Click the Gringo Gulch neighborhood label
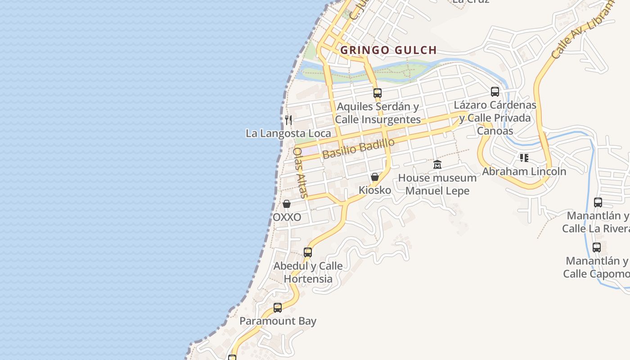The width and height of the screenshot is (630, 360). (388, 50)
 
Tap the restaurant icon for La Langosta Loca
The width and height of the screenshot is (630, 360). (288, 120)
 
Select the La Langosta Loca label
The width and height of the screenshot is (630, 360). (288, 133)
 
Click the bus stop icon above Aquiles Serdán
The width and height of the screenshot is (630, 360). (378, 93)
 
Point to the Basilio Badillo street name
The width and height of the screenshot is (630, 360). (358, 148)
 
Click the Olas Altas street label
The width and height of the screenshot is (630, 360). (300, 173)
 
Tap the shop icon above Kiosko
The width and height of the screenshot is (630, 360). (375, 177)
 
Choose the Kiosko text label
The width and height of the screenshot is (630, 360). (375, 190)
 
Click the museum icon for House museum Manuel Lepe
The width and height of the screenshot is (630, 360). (437, 164)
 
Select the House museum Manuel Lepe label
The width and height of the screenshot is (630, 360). (437, 184)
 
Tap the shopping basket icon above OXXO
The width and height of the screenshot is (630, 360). (287, 204)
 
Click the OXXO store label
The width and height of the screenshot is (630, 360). (287, 217)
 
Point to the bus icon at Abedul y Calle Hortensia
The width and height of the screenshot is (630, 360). (308, 252)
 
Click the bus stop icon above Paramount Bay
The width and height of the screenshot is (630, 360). (278, 308)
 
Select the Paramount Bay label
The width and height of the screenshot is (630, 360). (278, 321)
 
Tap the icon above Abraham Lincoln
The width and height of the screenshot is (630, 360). (524, 158)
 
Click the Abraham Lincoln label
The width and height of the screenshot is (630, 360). (524, 171)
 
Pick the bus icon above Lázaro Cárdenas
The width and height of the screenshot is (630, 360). (495, 92)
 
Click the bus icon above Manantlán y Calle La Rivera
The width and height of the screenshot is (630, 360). (598, 202)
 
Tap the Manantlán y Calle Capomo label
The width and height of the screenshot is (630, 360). (597, 267)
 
